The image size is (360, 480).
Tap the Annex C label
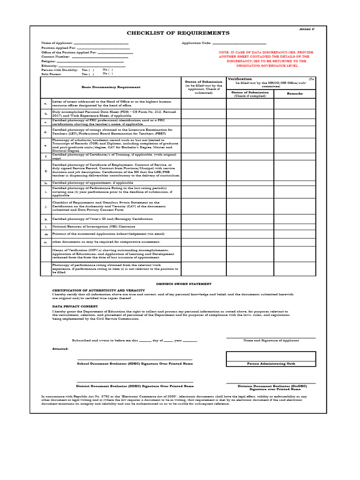[x=307, y=29]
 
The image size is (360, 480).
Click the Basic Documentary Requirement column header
[x=111, y=87]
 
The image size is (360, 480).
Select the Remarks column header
[x=295, y=93]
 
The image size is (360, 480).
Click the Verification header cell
[x=240, y=79]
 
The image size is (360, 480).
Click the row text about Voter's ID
[x=102, y=219]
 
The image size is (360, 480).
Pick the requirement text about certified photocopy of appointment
[x=92, y=182]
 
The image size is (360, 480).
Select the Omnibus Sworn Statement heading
[x=183, y=284]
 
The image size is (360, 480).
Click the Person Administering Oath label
[x=270, y=363]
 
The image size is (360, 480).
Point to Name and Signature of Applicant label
[x=270, y=340]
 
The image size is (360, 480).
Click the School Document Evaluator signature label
[x=135, y=363]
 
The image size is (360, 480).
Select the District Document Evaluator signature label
[x=135, y=386]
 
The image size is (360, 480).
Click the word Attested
[x=60, y=349]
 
